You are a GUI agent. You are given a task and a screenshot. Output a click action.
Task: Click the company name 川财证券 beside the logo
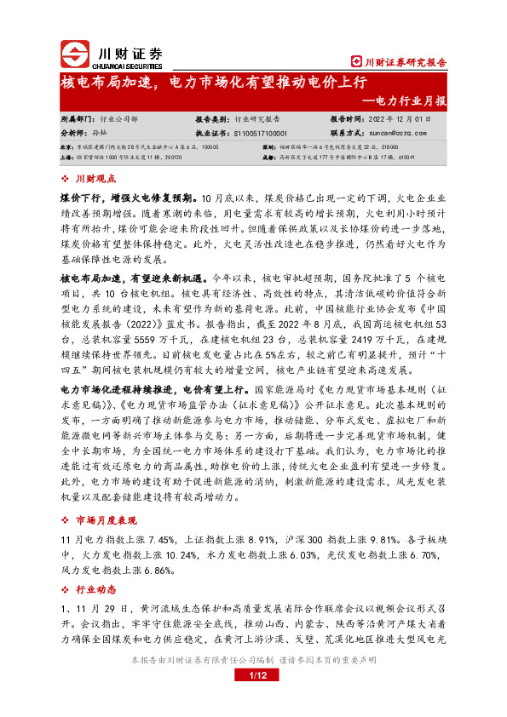click(125, 49)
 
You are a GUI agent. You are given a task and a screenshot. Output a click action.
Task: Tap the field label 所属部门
click(78, 120)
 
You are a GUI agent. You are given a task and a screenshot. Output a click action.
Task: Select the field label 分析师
click(74, 134)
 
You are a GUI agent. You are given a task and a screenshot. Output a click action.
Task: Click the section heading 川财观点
click(93, 178)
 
